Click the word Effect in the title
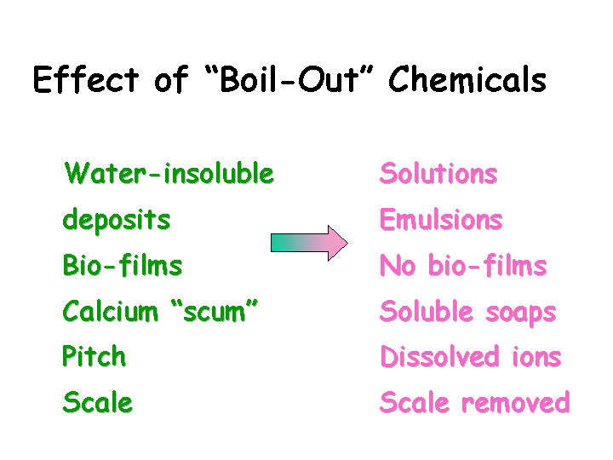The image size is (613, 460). [x=86, y=79]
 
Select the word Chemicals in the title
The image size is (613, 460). [x=467, y=78]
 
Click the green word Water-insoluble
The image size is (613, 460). [x=169, y=173]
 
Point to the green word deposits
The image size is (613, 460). [x=117, y=221]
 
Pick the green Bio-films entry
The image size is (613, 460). [x=123, y=265]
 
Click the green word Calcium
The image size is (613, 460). [x=110, y=311]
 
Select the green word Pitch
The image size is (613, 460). [x=94, y=356]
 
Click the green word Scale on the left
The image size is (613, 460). [x=98, y=402]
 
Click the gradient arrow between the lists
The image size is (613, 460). [x=309, y=243]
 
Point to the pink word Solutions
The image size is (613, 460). [x=438, y=173]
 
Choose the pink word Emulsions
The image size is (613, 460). [x=441, y=219]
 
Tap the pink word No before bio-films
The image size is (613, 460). [x=398, y=265]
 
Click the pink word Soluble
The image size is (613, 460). [x=427, y=311]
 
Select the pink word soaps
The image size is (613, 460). [x=521, y=313]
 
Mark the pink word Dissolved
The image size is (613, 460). [x=440, y=356]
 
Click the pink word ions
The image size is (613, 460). [x=537, y=358]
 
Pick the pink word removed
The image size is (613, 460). [x=516, y=402]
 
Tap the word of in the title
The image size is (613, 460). [x=172, y=79]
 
